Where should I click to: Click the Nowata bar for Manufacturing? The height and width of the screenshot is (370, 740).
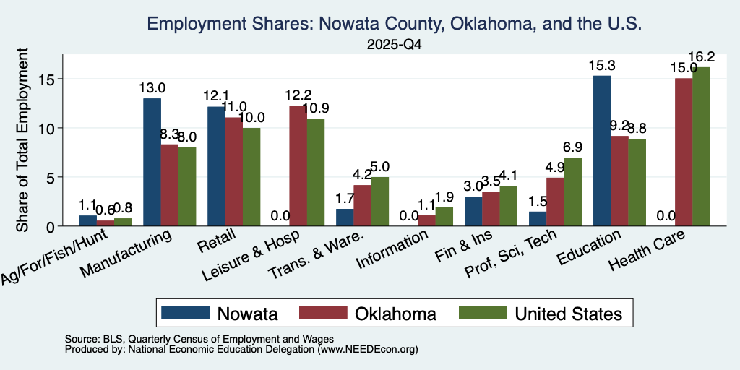click(x=152, y=163)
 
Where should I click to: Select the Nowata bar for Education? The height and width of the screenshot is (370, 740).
click(x=602, y=151)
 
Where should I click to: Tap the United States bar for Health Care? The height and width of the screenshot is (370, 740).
click(x=701, y=147)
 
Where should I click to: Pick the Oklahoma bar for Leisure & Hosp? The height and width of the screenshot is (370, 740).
click(x=298, y=166)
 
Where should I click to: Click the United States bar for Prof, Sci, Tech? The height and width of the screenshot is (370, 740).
click(x=573, y=192)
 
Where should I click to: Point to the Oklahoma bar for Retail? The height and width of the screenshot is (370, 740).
click(x=233, y=172)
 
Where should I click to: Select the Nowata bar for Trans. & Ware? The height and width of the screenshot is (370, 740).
click(x=345, y=218)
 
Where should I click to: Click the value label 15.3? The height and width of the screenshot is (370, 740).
click(x=602, y=65)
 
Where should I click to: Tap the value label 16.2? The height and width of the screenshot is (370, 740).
click(x=702, y=57)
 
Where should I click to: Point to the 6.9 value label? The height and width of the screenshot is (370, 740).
click(x=573, y=147)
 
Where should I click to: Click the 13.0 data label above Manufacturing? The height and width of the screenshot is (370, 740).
click(x=152, y=87)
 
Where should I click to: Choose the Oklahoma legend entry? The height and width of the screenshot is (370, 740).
click(x=368, y=314)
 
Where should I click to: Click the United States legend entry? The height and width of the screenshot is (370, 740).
click(x=541, y=314)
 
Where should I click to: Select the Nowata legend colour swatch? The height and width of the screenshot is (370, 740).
click(x=186, y=313)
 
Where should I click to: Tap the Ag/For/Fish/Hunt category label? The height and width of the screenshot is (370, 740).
click(x=54, y=257)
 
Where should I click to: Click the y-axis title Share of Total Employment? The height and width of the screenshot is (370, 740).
click(x=22, y=139)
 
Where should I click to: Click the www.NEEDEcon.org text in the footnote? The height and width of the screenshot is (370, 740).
click(x=368, y=350)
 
